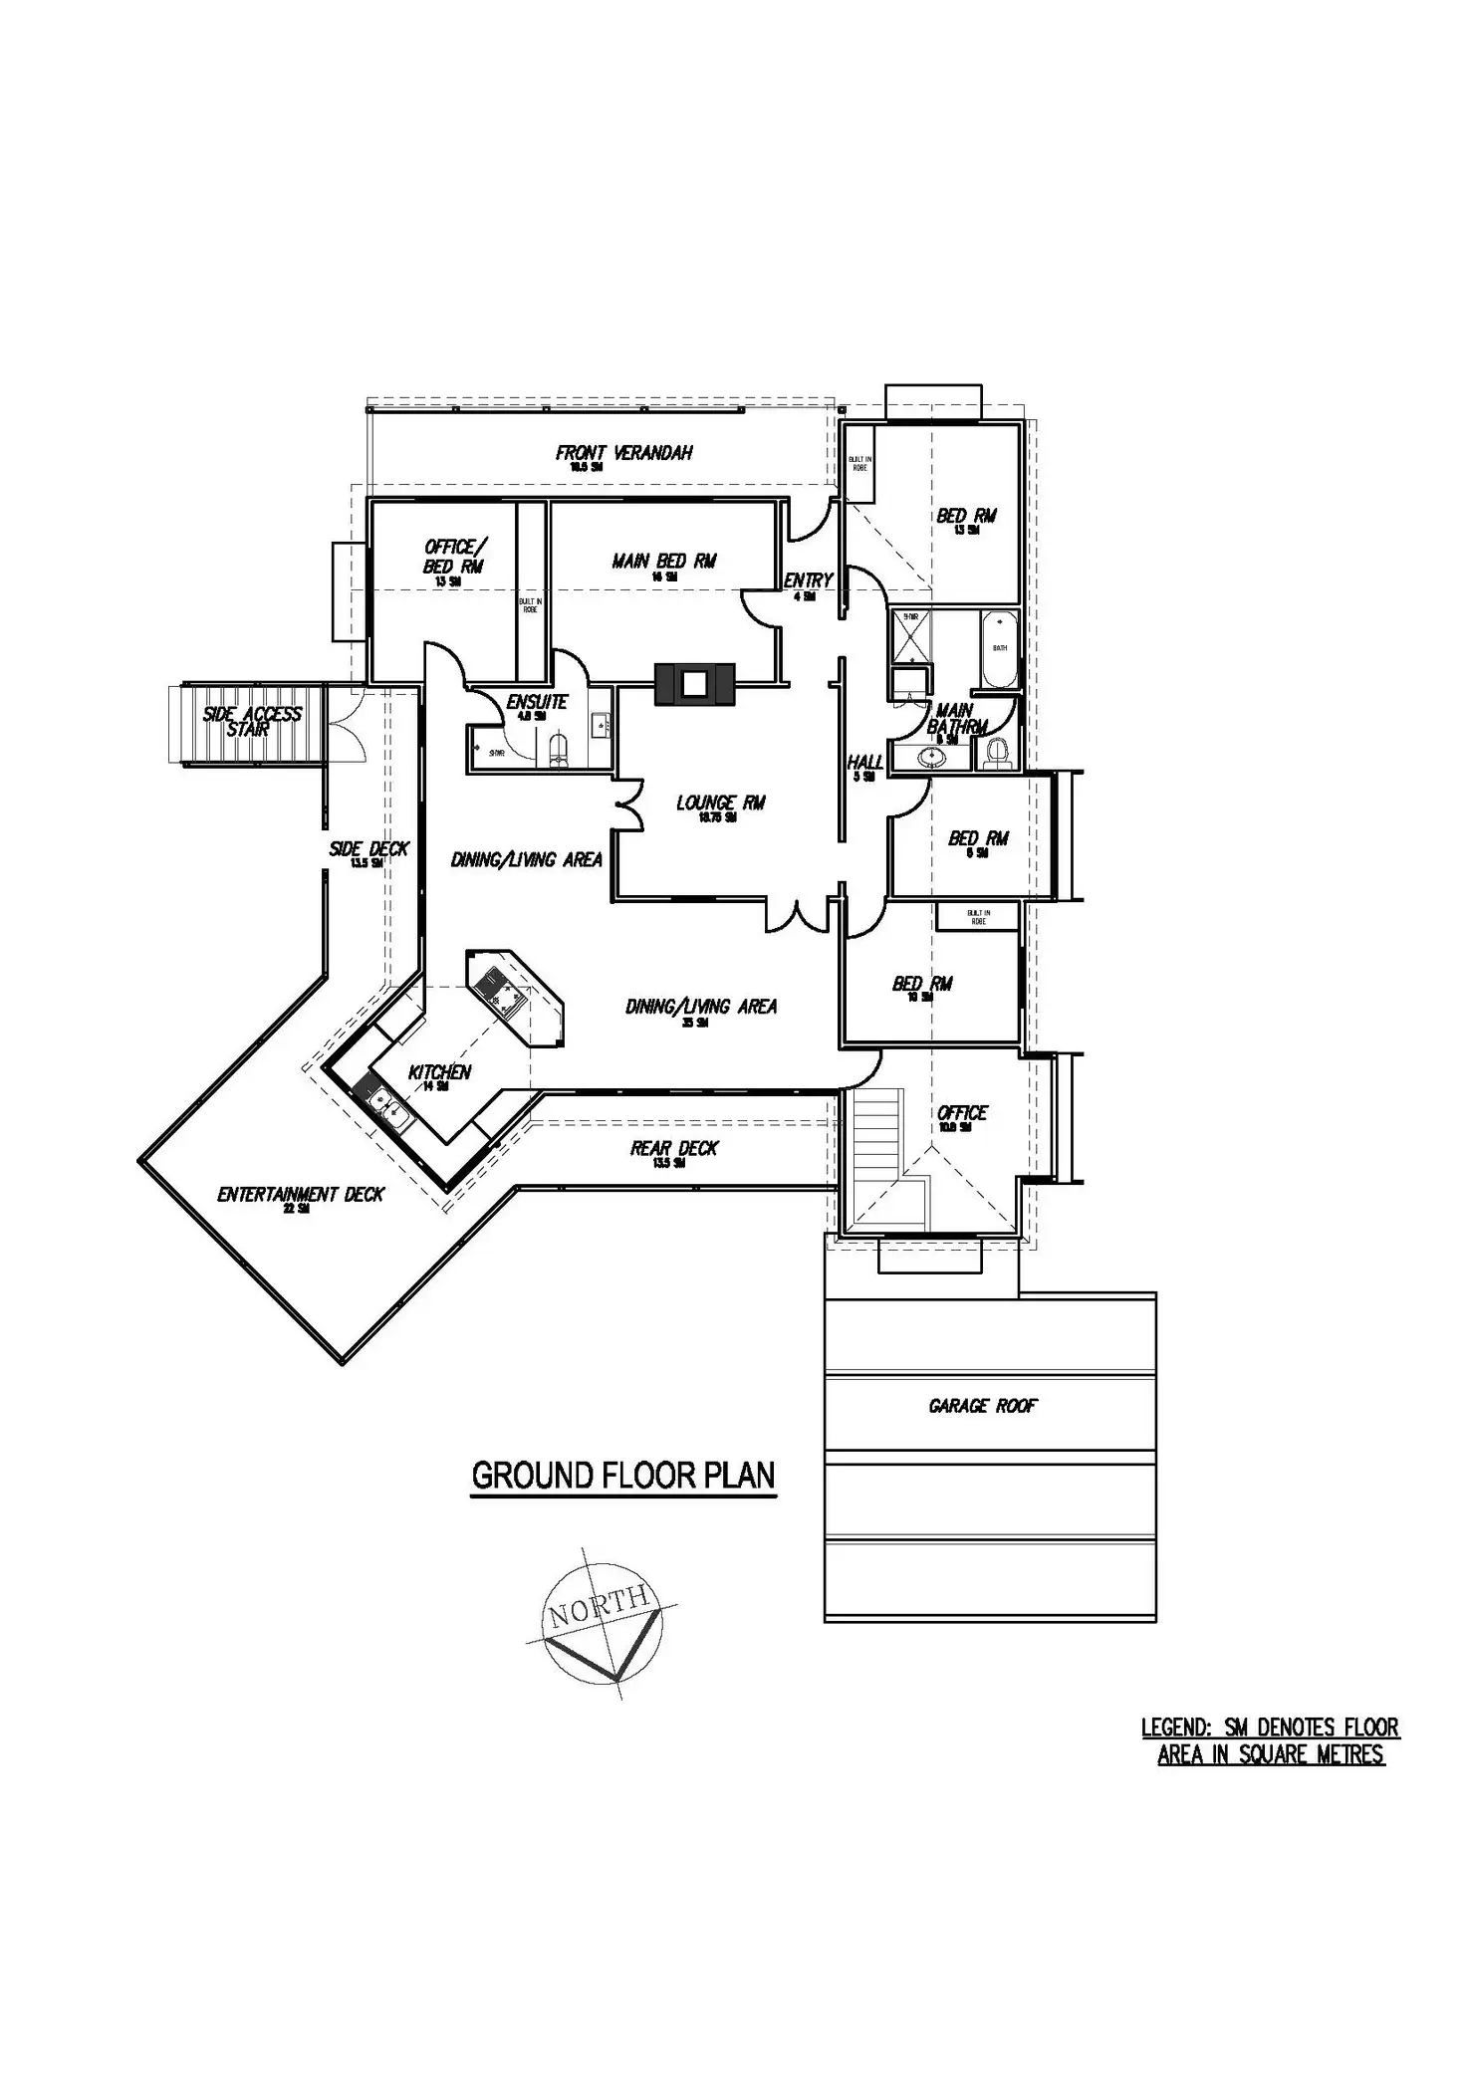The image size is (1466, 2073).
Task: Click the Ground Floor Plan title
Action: [x=623, y=1475]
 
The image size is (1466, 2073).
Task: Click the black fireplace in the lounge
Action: [x=694, y=684]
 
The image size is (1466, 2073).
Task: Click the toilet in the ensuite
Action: [x=559, y=750]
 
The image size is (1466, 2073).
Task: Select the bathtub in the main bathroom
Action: [x=999, y=648]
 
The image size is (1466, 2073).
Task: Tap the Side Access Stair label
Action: [x=251, y=721]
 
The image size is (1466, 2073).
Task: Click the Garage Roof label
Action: [x=983, y=1406]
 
